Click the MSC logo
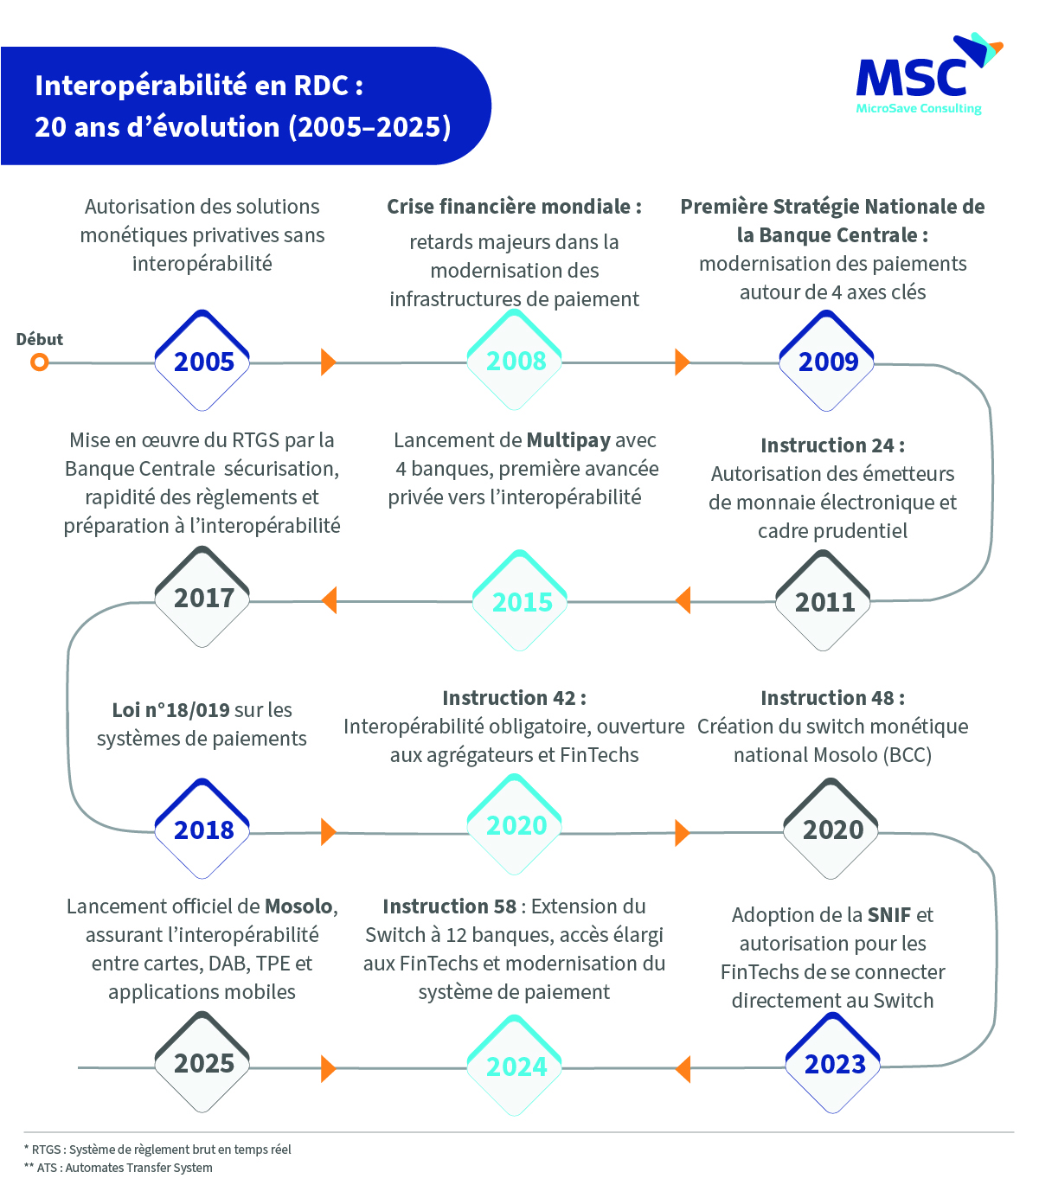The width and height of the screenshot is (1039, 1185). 926,76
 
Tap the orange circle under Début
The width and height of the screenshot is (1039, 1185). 39,362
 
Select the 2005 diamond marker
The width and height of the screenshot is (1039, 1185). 202,361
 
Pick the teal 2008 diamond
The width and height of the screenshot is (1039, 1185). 515,361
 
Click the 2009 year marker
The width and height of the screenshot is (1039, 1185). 827,361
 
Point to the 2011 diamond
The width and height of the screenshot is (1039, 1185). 824,601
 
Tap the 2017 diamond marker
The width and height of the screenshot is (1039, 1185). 202,599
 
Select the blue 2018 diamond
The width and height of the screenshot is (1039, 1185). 202,829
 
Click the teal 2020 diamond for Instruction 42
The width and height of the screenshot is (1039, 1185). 515,826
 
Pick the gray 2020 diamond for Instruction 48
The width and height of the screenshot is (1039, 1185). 831,829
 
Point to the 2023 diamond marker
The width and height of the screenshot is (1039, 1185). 833,1064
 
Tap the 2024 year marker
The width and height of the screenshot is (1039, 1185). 515,1066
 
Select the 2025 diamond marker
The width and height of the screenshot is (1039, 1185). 202,1063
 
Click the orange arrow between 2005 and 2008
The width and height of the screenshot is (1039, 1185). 328,362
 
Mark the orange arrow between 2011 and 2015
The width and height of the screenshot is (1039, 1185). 683,600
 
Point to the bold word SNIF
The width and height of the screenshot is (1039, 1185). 889,915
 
